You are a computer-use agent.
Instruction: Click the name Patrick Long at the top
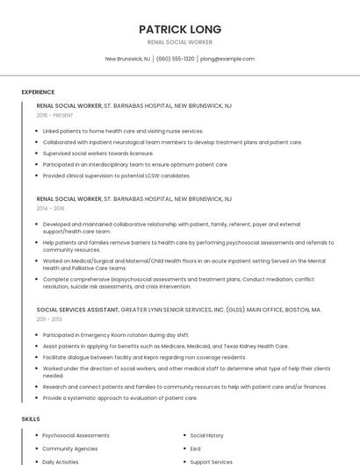[x=180, y=29]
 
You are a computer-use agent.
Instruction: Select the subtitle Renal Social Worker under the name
[x=180, y=42]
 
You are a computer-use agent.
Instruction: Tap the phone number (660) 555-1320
[x=176, y=59]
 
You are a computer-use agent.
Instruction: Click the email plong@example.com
[x=227, y=59]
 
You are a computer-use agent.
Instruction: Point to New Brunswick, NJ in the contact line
[x=127, y=59]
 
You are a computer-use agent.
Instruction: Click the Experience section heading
[x=38, y=92]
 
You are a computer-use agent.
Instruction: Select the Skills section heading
[x=31, y=419]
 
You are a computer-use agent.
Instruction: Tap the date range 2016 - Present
[x=54, y=115]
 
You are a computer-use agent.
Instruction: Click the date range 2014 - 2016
[x=50, y=209]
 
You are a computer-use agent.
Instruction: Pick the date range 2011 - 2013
[x=49, y=319]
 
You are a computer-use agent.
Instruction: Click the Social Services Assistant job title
[x=77, y=310]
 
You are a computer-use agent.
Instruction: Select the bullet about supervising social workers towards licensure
[x=98, y=153]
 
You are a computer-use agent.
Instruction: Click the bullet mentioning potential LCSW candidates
[x=116, y=175]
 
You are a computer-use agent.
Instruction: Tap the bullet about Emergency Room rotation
[x=116, y=334]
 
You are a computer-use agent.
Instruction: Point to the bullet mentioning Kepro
[x=144, y=357]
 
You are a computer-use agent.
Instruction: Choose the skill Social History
[x=206, y=435]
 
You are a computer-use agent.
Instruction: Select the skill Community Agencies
[x=70, y=448]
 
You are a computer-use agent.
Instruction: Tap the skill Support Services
[x=211, y=461]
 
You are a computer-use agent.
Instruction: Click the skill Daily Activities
[x=61, y=461]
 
